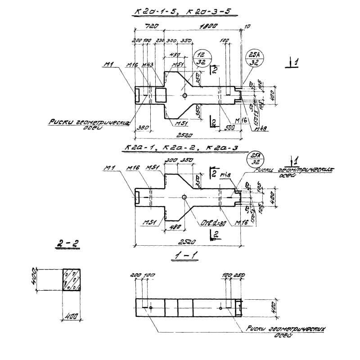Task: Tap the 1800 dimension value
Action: coord(207,27)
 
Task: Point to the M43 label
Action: coord(148,65)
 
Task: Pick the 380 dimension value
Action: coord(143,127)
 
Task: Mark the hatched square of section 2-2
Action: coord(73,280)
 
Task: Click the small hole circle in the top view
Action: coord(185,95)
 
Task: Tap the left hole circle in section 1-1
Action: coord(151,308)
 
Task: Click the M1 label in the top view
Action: coord(108,66)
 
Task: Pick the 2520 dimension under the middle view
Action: coord(189,242)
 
